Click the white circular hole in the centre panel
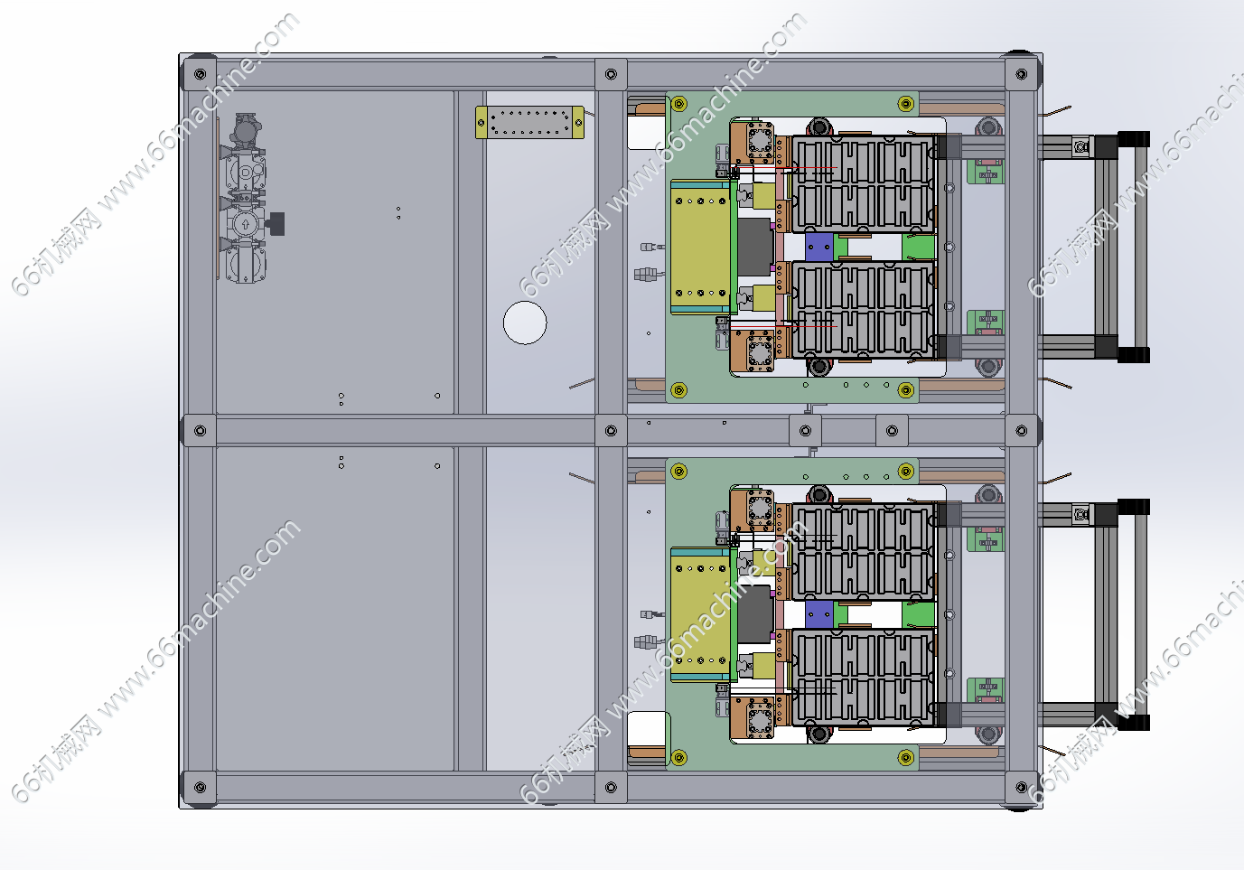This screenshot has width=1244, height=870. click(x=525, y=323)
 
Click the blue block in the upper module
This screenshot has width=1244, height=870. click(x=818, y=247)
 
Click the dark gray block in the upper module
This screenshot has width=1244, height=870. click(x=755, y=247)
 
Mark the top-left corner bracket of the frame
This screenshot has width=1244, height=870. click(x=200, y=74)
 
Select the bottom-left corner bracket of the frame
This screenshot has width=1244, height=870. click(x=200, y=788)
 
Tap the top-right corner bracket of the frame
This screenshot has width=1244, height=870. click(x=1022, y=74)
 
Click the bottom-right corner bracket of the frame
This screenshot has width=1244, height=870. click(x=1022, y=788)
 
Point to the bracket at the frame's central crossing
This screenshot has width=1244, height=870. click(x=611, y=431)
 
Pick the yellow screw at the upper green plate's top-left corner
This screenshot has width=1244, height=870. click(x=679, y=103)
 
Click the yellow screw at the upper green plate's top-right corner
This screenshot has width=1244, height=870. click(x=906, y=103)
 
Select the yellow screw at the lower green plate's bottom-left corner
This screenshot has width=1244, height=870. click(x=679, y=757)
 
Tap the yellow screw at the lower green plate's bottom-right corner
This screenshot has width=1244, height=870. click(x=906, y=757)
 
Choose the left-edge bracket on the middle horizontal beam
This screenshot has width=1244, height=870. click(x=200, y=431)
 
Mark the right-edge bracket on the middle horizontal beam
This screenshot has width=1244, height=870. click(x=1022, y=431)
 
